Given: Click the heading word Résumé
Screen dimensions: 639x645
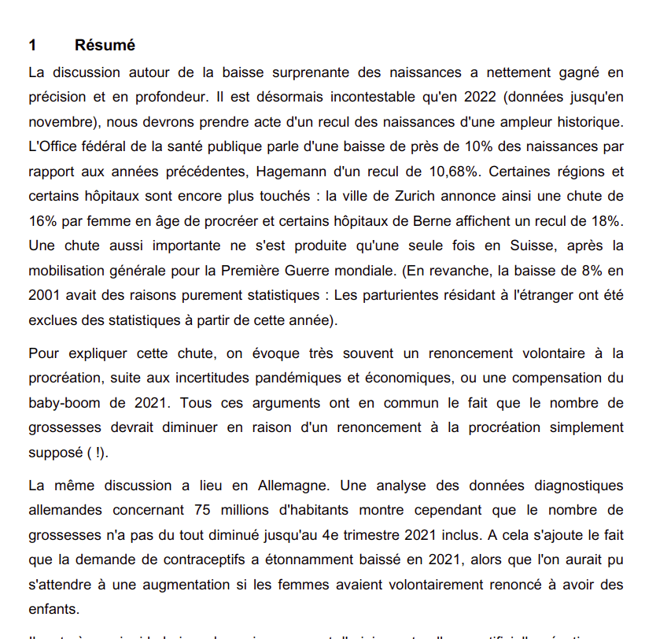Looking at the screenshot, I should point(105,46).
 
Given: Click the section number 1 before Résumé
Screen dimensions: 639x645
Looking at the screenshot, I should point(32,46).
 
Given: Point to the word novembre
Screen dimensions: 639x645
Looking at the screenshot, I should point(62,123).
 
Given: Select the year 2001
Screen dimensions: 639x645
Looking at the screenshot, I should point(46,296).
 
